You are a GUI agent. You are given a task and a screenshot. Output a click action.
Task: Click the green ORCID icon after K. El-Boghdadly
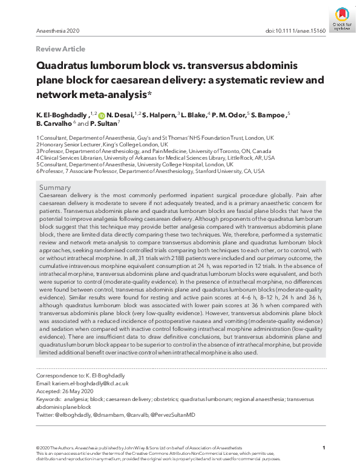(102, 114)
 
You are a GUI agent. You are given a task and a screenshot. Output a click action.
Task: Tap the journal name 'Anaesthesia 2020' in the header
(58, 31)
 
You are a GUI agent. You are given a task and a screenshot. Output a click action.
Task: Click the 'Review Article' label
(61, 49)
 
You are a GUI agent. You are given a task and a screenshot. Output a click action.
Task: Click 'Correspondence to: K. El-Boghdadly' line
(75, 376)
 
